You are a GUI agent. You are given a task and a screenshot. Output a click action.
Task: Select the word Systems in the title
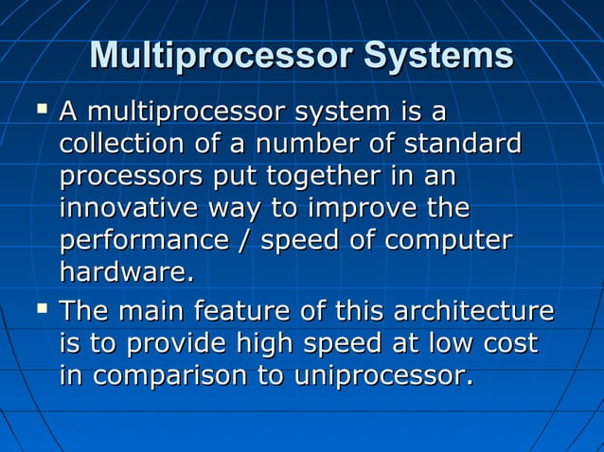click(x=436, y=56)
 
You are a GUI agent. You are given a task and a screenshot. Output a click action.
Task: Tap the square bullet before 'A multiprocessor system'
click(x=40, y=113)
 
